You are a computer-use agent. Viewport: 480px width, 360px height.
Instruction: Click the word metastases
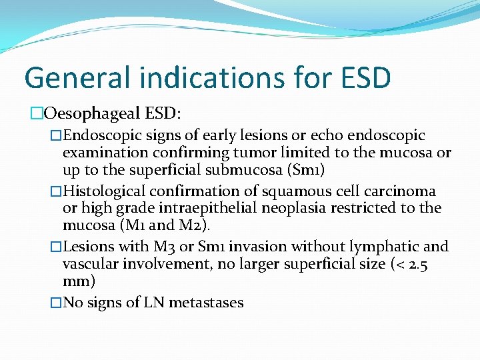point(206,303)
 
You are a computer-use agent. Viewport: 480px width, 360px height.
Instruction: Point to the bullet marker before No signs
point(56,303)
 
